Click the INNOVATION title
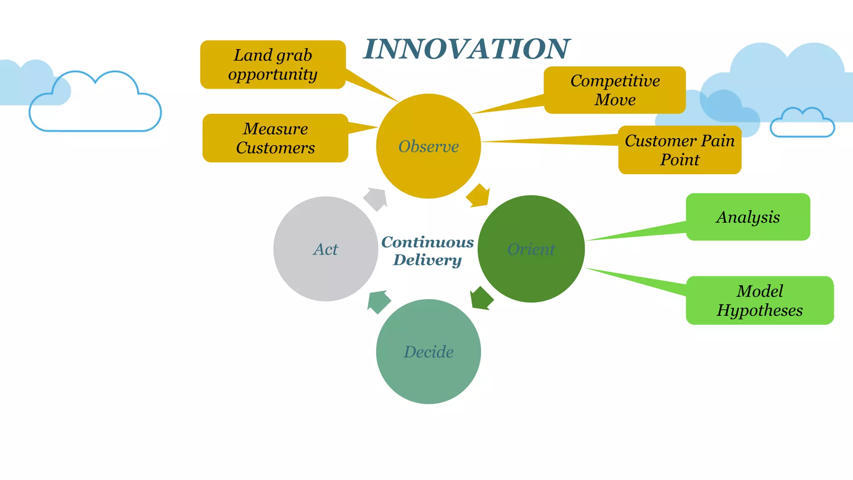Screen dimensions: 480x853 (x=466, y=49)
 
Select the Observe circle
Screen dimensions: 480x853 (x=428, y=146)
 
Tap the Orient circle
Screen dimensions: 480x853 (x=531, y=249)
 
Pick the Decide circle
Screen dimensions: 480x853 (x=428, y=351)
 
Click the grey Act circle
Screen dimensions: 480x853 (x=326, y=249)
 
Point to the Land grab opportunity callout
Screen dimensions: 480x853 (x=273, y=65)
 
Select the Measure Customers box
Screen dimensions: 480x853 (x=275, y=138)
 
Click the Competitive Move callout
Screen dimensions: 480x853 (x=615, y=90)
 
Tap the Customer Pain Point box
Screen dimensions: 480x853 (x=680, y=150)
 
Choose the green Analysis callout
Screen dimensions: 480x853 (x=748, y=217)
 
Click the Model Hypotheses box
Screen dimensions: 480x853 (x=760, y=300)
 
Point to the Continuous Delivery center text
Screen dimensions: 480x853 (x=428, y=251)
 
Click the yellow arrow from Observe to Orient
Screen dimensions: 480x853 (x=478, y=195)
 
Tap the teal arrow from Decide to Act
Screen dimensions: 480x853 (x=378, y=302)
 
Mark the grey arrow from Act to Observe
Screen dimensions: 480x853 (x=376, y=199)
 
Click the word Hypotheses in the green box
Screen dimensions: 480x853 (x=760, y=310)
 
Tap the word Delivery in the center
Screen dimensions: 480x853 (x=428, y=260)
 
